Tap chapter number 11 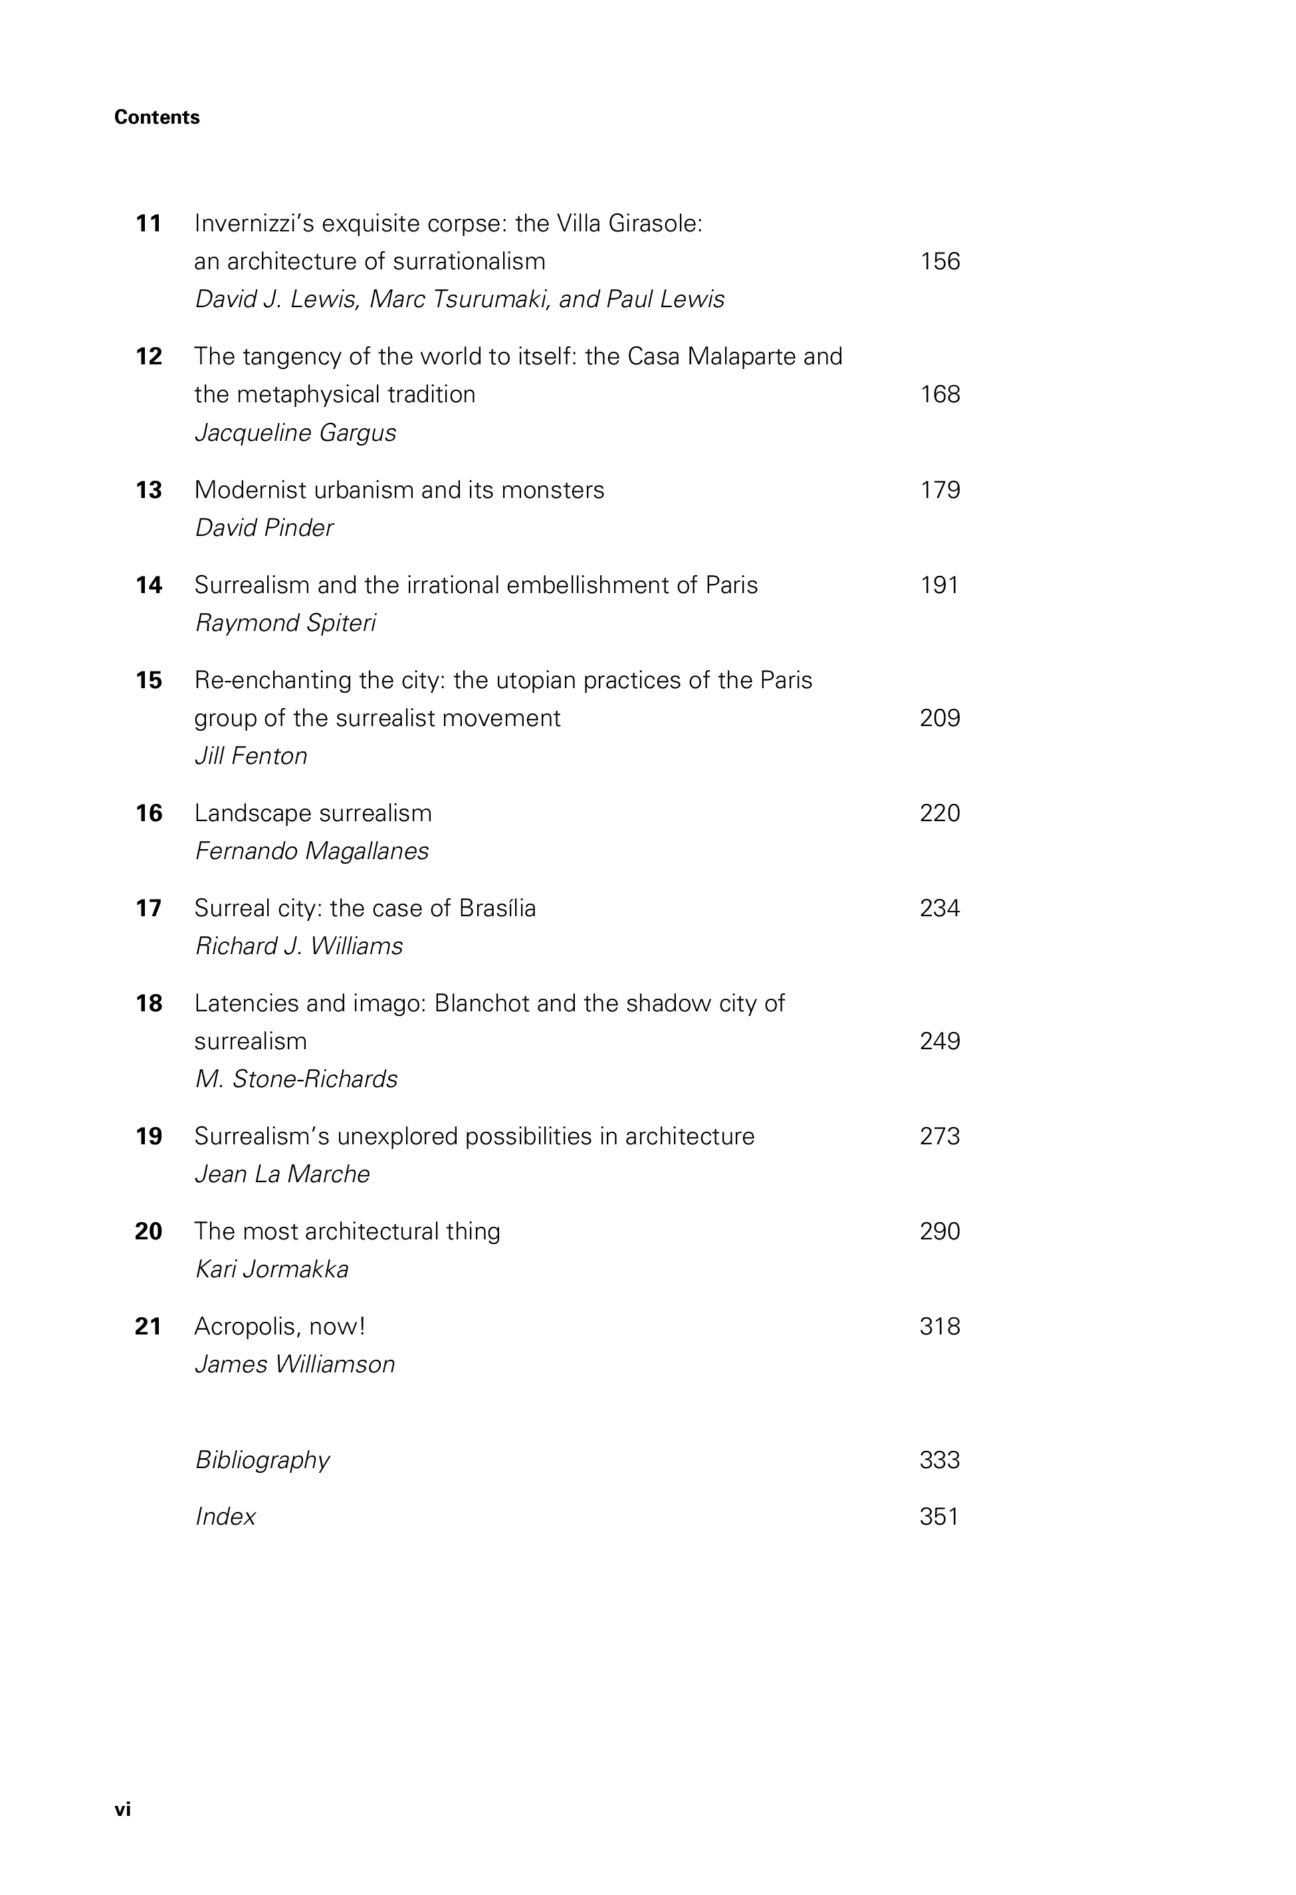[148, 223]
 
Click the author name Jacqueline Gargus [295, 432]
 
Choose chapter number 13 [148, 490]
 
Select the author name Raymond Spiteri [285, 623]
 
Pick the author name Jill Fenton [251, 756]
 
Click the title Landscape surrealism [313, 813]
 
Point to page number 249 [940, 1041]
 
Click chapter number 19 [148, 1137]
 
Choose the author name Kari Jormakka [271, 1269]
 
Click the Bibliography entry [263, 1459]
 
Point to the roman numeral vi [122, 1809]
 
